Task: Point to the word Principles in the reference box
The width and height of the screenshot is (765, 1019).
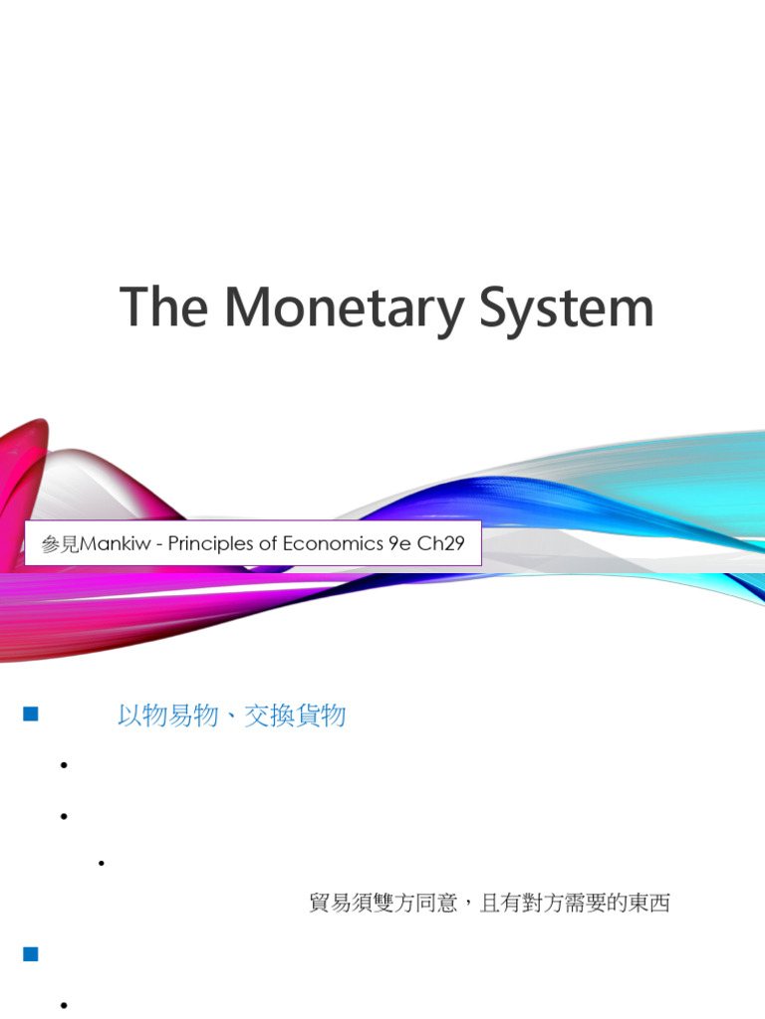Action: click(209, 544)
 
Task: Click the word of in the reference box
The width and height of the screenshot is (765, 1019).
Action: click(268, 544)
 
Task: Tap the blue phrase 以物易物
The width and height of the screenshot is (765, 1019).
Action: click(167, 715)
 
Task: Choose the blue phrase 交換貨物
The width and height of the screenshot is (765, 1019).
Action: click(297, 715)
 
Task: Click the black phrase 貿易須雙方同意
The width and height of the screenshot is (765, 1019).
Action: click(384, 904)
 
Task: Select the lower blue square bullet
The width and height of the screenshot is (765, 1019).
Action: click(30, 954)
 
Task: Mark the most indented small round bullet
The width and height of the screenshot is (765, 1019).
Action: click(102, 863)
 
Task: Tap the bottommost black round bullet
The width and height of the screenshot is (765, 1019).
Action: click(63, 1006)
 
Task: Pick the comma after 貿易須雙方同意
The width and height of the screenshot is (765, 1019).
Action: click(468, 906)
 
